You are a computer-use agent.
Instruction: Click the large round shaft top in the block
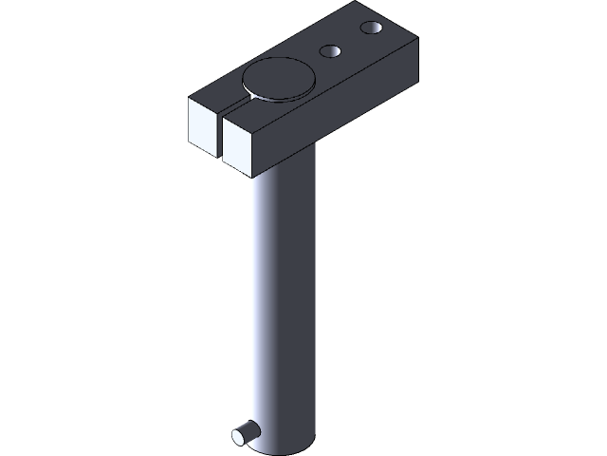277,80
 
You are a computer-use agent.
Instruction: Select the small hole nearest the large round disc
331,51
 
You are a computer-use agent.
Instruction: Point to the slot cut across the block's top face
233,104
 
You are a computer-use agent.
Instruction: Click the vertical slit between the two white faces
219,138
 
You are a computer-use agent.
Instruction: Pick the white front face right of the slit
238,150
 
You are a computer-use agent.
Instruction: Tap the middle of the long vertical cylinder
281,304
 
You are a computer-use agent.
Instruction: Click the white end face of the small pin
238,436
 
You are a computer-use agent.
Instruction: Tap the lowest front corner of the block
257,177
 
